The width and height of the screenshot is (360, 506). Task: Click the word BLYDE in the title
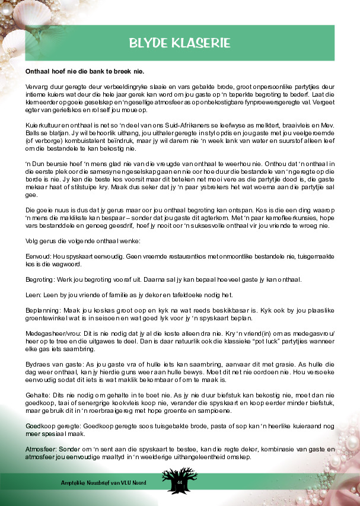pyautogui.click(x=152, y=43)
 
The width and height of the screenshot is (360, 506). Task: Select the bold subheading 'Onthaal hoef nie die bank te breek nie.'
pyautogui.click(x=84, y=71)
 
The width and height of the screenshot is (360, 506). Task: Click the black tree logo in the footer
pyautogui.click(x=179, y=479)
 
